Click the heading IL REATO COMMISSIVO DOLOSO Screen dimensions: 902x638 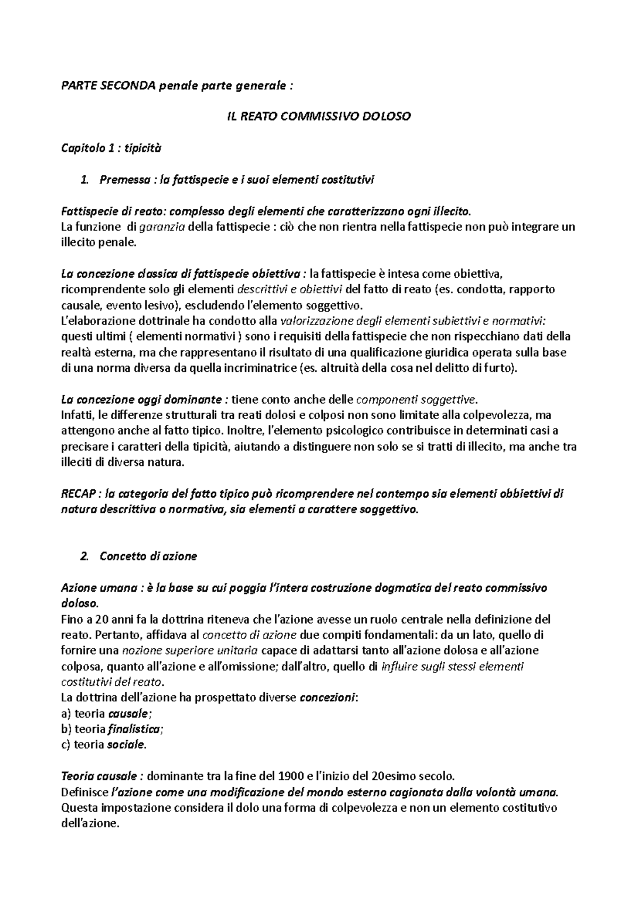pos(316,116)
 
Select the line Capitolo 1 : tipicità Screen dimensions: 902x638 pos(111,148)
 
